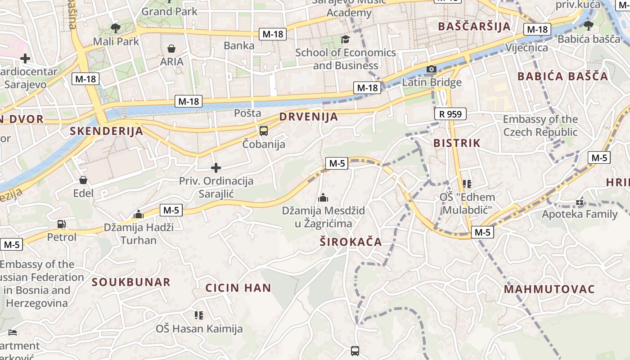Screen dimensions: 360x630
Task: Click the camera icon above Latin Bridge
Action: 432,69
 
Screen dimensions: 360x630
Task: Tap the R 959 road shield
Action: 450,114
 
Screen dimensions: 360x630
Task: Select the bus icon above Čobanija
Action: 264,131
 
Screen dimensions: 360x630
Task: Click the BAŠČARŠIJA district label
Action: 475,26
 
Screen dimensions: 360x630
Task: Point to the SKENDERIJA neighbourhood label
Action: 107,131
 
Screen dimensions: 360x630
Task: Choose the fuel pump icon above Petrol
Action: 62,224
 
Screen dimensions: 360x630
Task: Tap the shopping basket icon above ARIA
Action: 171,49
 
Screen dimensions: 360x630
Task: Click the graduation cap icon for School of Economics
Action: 345,40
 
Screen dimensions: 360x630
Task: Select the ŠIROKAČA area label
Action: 351,242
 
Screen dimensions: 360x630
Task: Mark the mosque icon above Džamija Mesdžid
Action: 323,198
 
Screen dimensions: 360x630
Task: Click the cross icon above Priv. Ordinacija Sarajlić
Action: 216,168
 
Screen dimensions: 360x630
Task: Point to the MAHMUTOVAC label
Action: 549,289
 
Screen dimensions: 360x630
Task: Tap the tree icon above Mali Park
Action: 116,28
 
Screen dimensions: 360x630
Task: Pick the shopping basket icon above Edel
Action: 83,180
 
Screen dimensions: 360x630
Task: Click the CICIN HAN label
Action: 238,288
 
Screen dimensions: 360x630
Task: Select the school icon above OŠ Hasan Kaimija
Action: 199,315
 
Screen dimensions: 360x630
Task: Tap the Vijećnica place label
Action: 526,48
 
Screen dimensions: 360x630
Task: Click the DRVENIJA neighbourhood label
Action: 308,117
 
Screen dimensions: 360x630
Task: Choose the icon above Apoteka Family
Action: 580,202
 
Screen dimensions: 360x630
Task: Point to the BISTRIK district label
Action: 457,143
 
